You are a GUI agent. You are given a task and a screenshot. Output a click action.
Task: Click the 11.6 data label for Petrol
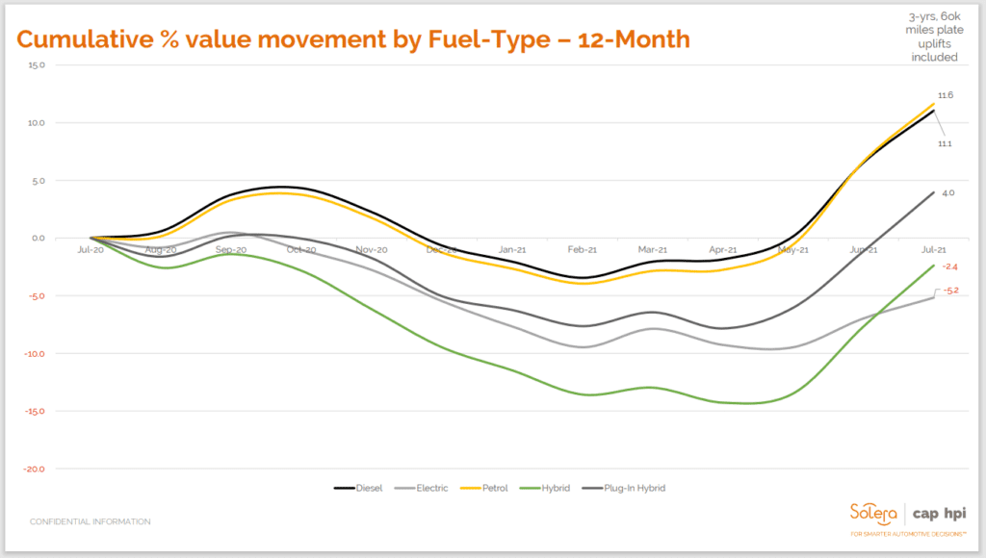click(x=945, y=95)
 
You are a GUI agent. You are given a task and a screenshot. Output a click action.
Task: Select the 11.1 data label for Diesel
click(x=945, y=143)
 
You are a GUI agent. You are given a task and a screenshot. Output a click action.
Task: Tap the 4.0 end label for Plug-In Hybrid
click(x=947, y=193)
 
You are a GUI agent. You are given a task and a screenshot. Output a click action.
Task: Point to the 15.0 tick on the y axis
click(x=38, y=65)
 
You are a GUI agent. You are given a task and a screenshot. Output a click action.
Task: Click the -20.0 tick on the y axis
click(x=36, y=469)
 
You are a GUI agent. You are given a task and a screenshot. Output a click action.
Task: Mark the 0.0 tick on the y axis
click(x=39, y=239)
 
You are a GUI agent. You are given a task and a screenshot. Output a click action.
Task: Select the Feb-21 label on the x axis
click(x=582, y=249)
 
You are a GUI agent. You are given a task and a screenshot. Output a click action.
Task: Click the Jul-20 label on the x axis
click(x=91, y=249)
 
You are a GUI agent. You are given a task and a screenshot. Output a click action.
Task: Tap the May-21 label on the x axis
click(x=792, y=249)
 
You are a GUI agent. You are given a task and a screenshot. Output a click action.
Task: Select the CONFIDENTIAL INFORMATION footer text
click(x=90, y=521)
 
